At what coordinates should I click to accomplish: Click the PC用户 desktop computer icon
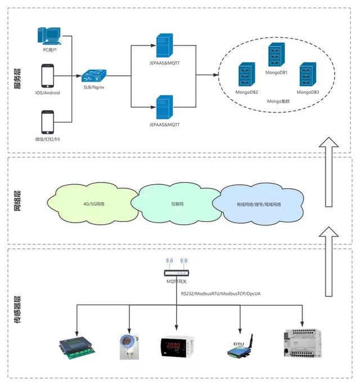[49, 36]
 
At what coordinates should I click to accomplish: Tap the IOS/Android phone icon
[47, 75]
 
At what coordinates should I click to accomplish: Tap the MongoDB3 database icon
[307, 74]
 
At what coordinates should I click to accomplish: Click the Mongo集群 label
[278, 101]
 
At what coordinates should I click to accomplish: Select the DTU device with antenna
[240, 344]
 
